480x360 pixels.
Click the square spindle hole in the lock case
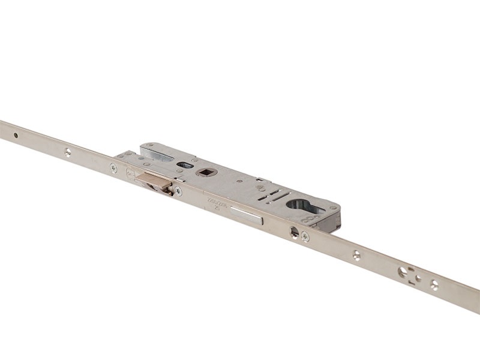205,172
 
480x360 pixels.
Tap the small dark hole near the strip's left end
16,135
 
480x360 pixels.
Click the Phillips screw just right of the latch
178,191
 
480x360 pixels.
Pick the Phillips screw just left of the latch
113,169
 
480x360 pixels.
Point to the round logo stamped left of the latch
130,174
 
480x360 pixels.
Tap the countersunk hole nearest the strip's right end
434,284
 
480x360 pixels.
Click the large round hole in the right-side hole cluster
403,272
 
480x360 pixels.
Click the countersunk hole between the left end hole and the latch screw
68,152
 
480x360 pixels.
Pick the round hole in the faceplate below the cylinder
294,232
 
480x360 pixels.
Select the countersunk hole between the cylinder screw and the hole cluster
356,256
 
